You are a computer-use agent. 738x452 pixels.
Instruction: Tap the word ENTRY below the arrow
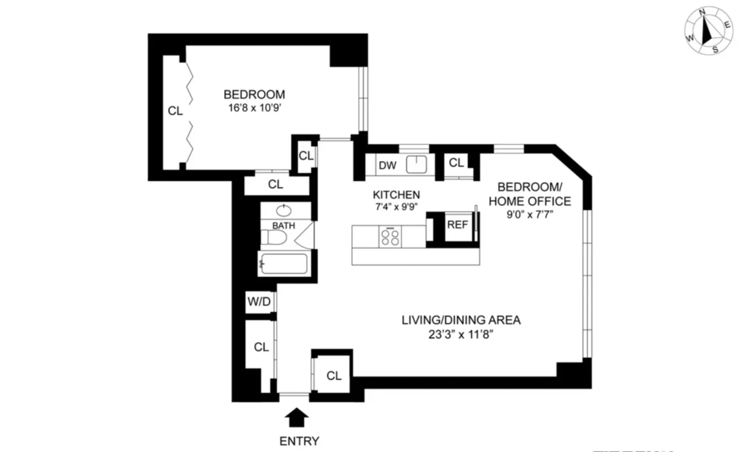pos(299,441)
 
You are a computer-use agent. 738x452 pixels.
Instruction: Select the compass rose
pos(709,31)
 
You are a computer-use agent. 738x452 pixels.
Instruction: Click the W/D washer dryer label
pos(259,302)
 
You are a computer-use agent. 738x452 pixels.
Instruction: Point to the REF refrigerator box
pos(457,225)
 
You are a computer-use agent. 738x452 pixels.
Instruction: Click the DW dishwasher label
pos(387,165)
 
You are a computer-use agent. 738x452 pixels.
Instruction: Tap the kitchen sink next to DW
pos(416,164)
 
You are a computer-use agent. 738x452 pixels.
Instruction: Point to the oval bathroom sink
pos(284,210)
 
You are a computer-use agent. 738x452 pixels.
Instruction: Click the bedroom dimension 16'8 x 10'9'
pos(255,108)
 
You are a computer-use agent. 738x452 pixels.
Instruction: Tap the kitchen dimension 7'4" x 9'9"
pos(396,207)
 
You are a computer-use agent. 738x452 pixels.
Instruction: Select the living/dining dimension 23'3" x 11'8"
pos(461,335)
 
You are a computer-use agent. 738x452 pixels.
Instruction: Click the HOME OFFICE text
pos(530,201)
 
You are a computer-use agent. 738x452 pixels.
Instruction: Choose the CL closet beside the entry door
pos(334,376)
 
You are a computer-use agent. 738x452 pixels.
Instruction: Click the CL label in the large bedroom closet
pos(175,111)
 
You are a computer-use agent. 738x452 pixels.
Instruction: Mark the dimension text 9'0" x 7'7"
pos(530,215)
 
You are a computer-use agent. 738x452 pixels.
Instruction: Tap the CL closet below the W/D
pos(261,347)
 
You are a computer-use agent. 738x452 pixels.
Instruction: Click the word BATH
pos(283,226)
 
